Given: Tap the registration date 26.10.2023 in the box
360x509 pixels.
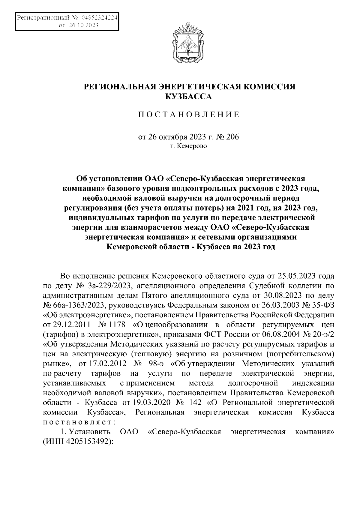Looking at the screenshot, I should point(84,26).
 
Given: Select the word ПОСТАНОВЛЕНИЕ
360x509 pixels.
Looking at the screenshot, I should point(188,115).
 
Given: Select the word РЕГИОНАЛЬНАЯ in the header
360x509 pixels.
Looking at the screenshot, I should point(119,87).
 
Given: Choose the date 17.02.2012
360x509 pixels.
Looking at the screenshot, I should point(106,364).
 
